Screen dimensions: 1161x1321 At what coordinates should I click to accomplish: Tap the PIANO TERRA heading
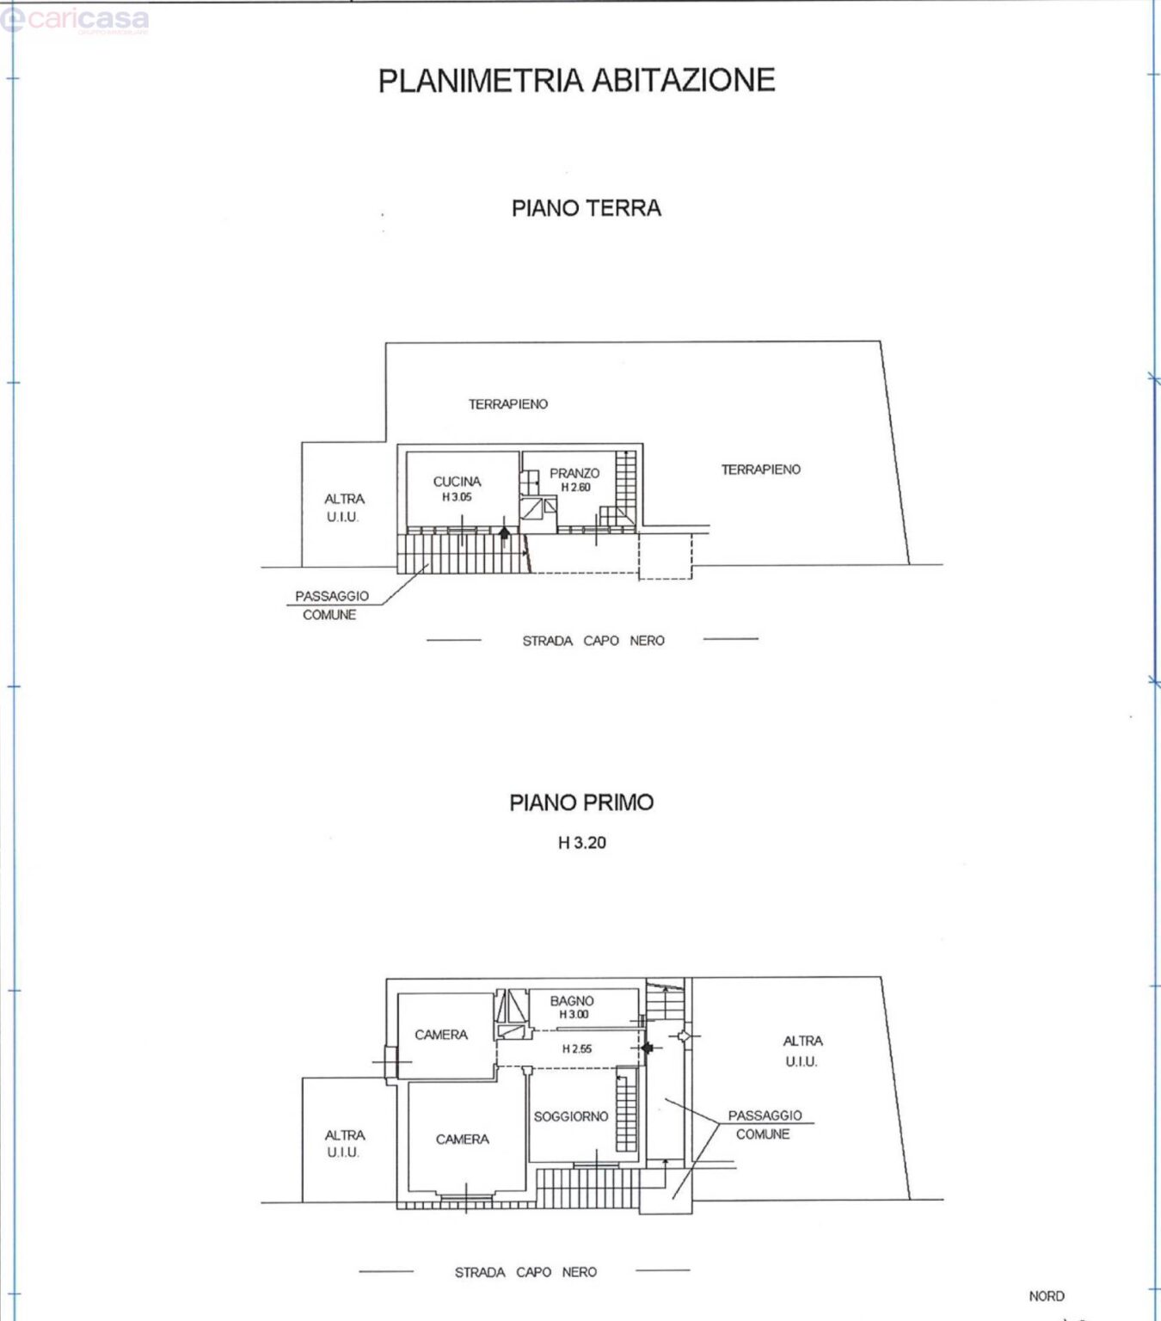coord(586,208)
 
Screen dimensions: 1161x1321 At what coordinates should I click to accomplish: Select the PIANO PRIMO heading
coord(581,802)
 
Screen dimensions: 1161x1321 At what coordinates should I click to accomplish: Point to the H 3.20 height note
coord(581,843)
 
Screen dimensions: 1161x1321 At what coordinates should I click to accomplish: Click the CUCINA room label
coord(457,482)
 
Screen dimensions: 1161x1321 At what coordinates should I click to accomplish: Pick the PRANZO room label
coord(574,473)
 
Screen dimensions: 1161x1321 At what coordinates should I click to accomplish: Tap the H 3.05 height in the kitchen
coord(457,497)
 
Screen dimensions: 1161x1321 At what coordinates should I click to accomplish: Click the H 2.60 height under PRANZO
coord(575,487)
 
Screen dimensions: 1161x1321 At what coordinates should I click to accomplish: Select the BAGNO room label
coord(572,1001)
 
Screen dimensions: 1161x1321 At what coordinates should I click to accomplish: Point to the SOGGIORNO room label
coord(571,1116)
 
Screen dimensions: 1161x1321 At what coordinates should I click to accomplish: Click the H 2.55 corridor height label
coord(577,1048)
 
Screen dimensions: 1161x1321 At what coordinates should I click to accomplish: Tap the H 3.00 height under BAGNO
coord(574,1015)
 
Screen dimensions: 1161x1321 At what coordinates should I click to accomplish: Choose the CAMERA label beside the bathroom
coord(441,1035)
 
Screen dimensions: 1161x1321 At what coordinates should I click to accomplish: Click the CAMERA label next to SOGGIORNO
coord(462,1139)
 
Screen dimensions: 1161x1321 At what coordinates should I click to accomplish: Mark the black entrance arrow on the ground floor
coord(504,532)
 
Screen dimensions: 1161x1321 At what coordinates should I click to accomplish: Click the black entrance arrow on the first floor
coord(647,1048)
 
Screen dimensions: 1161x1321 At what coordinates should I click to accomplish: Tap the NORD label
coord(1047,1296)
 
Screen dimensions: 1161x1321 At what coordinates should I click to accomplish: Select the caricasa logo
coord(74,21)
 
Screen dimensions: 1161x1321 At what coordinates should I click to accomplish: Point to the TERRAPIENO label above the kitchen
coord(507,404)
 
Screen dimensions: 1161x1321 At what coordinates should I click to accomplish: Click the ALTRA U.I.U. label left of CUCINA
coord(344,508)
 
